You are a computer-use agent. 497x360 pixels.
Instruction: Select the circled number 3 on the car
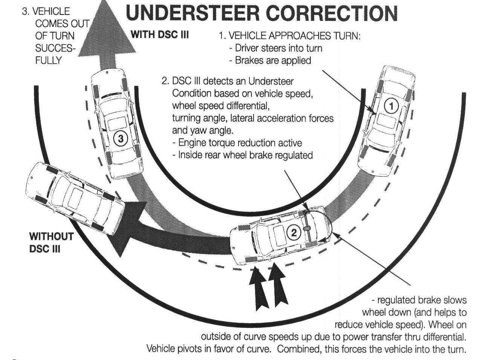[x=121, y=139]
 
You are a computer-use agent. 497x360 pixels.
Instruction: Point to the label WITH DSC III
[x=159, y=35]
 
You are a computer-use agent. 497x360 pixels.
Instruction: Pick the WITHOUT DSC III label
[x=51, y=242]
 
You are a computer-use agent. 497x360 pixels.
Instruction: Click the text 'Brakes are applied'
[x=273, y=60]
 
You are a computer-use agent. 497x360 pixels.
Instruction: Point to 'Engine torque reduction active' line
[x=240, y=143]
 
